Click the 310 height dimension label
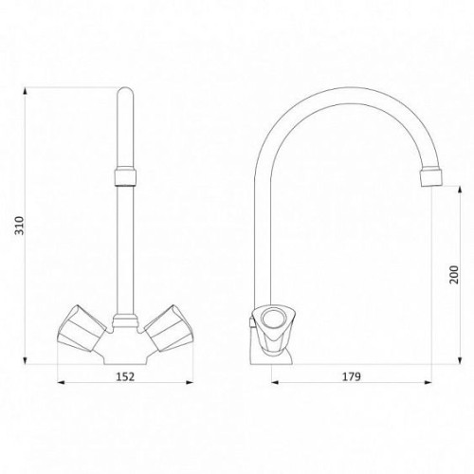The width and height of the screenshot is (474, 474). [x=20, y=226]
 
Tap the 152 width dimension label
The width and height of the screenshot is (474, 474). [x=125, y=376]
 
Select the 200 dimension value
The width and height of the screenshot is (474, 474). [x=454, y=275]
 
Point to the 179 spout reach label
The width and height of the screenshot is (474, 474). [x=351, y=376]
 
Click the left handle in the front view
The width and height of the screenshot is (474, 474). [x=82, y=329]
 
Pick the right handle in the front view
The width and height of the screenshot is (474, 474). [x=169, y=329]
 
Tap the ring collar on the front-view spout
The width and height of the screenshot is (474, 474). [x=125, y=177]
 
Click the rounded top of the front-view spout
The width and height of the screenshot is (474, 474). [x=125, y=92]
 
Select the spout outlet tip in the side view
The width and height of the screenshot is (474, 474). [x=431, y=178]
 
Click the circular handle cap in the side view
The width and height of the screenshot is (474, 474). [x=271, y=319]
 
